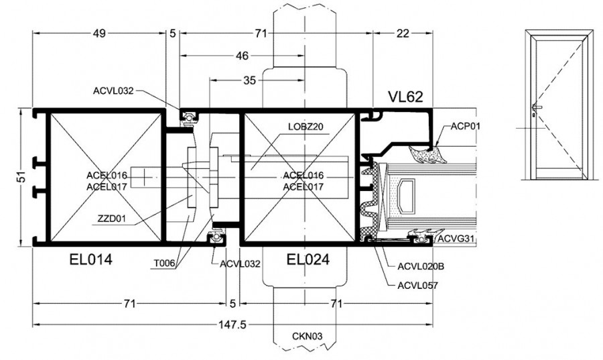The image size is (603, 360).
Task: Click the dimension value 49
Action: coord(99,34)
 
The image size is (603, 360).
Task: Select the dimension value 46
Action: coord(242,56)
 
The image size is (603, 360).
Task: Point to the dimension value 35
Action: coord(250,80)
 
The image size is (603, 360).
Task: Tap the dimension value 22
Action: coord(403,34)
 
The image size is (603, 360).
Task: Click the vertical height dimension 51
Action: coord(23,176)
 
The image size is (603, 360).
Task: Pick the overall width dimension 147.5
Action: coord(232,325)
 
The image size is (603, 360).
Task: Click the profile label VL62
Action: coord(405,97)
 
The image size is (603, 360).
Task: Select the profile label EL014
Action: coord(90,259)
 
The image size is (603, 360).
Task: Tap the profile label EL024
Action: coord(308,259)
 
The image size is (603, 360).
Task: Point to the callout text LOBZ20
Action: coord(306,127)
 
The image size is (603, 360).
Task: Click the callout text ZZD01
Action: coord(111,219)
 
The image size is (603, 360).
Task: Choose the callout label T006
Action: coord(164,263)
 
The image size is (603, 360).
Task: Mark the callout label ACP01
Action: coord(466,126)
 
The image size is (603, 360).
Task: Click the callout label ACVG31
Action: coord(456,239)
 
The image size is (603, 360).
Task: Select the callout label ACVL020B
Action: coord(421,266)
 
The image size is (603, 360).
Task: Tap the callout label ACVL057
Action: coord(417,286)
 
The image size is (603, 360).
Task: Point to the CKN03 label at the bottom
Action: coord(307,337)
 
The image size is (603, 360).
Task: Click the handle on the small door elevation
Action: coord(537,108)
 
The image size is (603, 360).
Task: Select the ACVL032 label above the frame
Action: coord(113,91)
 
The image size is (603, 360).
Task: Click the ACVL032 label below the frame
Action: coord(240,264)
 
